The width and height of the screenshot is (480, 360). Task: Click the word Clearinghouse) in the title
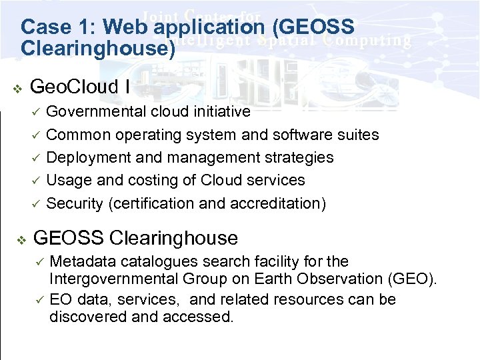click(98, 49)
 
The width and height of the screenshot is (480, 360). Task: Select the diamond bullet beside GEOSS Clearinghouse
click(21, 239)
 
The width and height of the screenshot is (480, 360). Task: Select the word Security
click(75, 203)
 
